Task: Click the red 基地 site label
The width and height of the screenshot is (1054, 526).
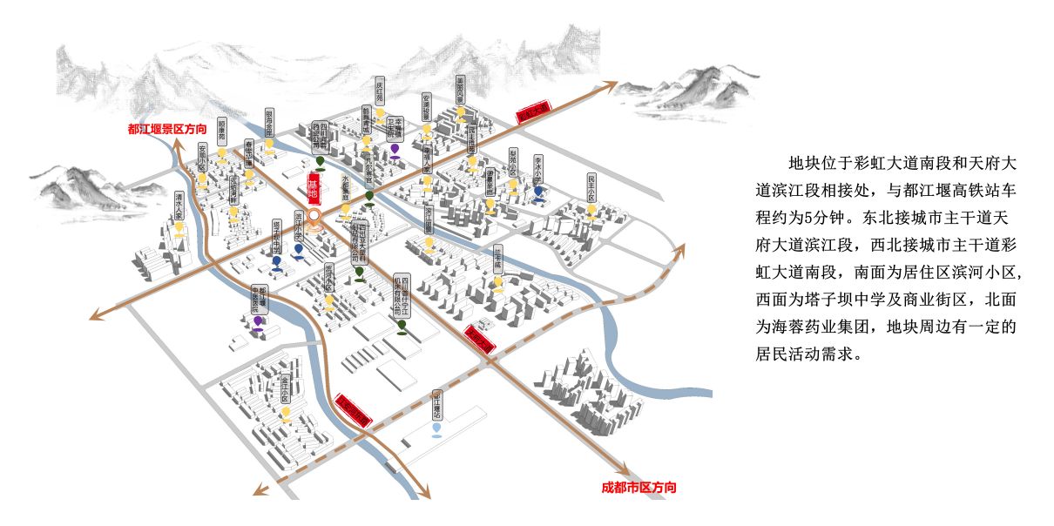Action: tap(313, 188)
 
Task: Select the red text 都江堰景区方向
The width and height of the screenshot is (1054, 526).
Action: tap(167, 129)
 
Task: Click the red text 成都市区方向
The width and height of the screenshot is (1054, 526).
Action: tap(638, 488)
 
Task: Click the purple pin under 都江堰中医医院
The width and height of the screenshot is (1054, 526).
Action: tap(258, 321)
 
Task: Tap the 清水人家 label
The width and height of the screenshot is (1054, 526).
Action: tap(179, 206)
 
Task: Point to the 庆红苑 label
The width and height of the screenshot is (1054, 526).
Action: tap(380, 93)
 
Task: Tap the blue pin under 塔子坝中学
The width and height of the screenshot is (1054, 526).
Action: tap(276, 260)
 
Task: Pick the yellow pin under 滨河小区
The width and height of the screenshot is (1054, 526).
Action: tap(329, 301)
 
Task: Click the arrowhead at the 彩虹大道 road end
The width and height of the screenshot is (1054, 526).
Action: tap(609, 85)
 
